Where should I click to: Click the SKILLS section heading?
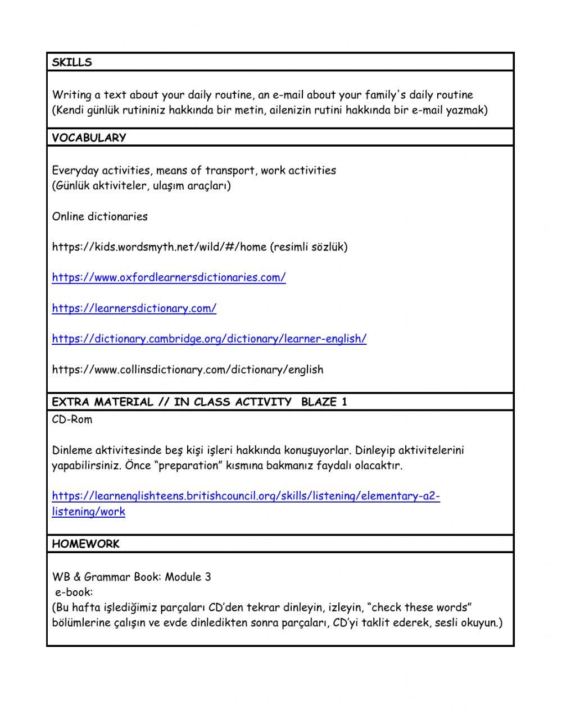72,62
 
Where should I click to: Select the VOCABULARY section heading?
89,138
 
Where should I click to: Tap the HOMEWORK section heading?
85,544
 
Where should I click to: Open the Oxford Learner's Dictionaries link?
169,277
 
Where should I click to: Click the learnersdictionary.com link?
134,308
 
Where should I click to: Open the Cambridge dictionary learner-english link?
209,339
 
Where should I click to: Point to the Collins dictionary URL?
187,370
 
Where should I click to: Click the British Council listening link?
246,496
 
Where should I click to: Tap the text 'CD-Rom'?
72,420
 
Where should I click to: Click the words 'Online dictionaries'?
99,216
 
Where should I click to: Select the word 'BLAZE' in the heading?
319,402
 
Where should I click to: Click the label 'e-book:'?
74,592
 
